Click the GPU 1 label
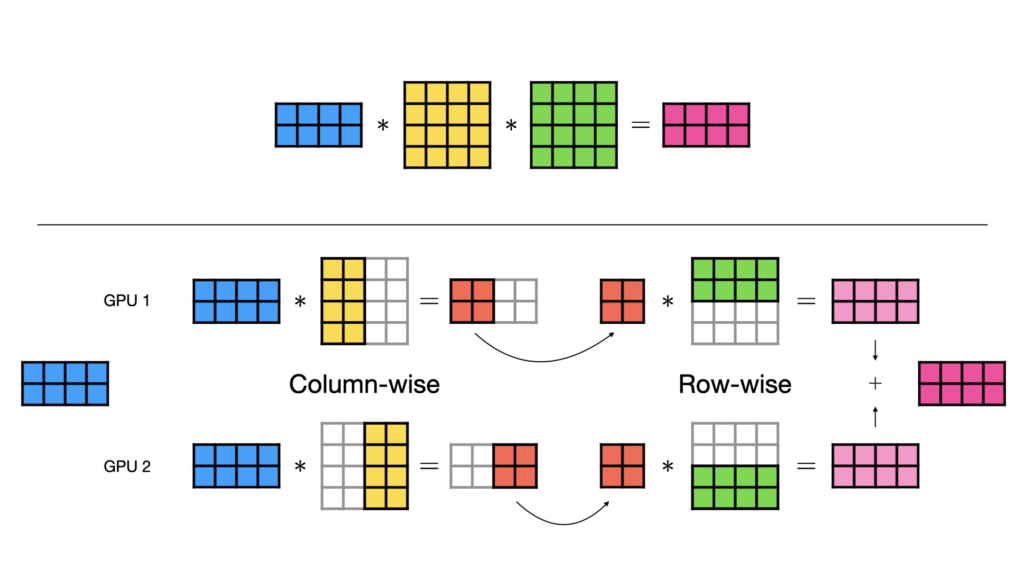tap(127, 301)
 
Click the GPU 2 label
tap(127, 466)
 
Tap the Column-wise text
tap(364, 384)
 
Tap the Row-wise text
tap(735, 384)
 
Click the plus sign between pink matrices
tap(875, 383)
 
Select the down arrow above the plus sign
tap(875, 350)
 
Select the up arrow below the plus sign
tap(875, 417)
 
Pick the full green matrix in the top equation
tap(574, 125)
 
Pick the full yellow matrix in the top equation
tap(447, 125)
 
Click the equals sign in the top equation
tap(641, 125)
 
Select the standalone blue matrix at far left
tap(65, 384)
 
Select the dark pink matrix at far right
tap(961, 384)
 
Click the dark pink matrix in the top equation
tap(706, 125)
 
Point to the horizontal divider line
tap(512, 225)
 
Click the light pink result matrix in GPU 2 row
tap(875, 466)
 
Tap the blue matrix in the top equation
tap(319, 125)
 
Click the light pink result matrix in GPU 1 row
tap(875, 301)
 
